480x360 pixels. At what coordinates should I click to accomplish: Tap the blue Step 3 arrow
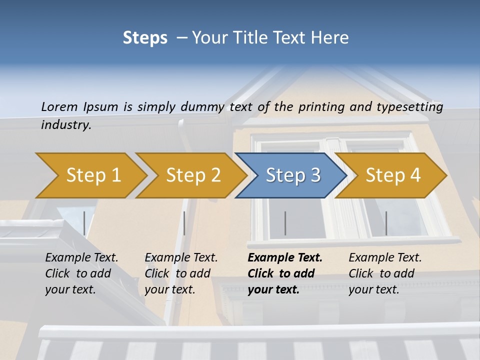pyautogui.click(x=293, y=175)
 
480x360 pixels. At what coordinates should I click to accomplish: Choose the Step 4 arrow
pyautogui.click(x=393, y=175)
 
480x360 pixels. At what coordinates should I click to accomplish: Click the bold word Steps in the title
pyautogui.click(x=145, y=37)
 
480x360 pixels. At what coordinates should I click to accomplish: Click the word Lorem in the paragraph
pyautogui.click(x=59, y=106)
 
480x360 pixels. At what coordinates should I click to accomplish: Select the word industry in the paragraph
pyautogui.click(x=65, y=124)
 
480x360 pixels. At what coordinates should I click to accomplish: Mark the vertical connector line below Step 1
pyautogui.click(x=84, y=223)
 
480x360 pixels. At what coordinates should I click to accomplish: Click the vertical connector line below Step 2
pyautogui.click(x=184, y=223)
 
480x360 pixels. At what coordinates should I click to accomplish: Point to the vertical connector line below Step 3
pyautogui.click(x=285, y=223)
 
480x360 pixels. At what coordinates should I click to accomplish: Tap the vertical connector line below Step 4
pyautogui.click(x=386, y=223)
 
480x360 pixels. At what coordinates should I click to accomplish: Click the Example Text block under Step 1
pyautogui.click(x=81, y=273)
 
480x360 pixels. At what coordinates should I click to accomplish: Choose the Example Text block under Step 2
pyautogui.click(x=181, y=273)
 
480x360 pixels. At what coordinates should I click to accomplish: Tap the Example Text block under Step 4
pyautogui.click(x=385, y=273)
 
